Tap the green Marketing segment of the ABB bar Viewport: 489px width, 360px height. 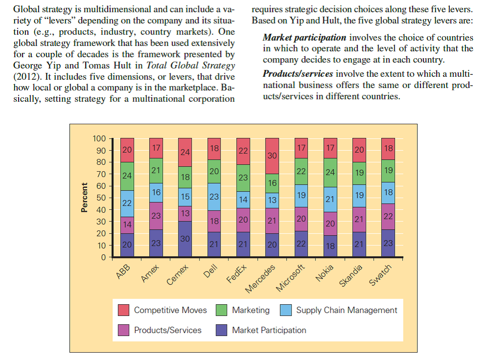point(128,176)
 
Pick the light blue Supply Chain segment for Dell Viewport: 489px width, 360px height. point(214,197)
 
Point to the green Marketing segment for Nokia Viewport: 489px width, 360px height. point(330,172)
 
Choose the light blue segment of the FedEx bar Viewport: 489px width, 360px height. point(243,200)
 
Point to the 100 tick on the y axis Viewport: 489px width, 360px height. point(99,138)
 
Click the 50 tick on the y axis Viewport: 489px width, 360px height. point(101,198)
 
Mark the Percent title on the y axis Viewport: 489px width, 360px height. point(84,198)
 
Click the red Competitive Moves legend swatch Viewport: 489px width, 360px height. point(124,310)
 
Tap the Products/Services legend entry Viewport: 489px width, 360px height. point(167,330)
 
